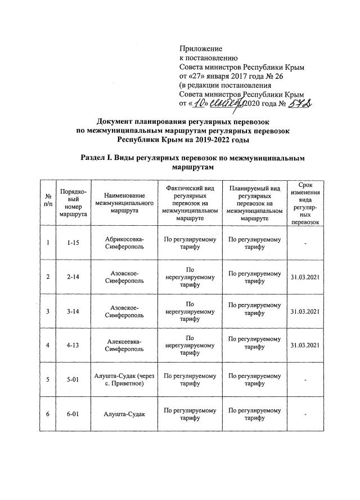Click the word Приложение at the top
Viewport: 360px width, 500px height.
coord(200,49)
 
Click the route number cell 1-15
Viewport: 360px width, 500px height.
coord(73,243)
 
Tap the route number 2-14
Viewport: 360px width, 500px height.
coord(73,277)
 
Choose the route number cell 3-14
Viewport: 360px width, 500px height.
coord(73,311)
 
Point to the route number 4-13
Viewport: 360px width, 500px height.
coord(73,346)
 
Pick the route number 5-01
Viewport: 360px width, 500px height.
coord(73,380)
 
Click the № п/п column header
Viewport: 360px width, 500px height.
coord(48,203)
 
